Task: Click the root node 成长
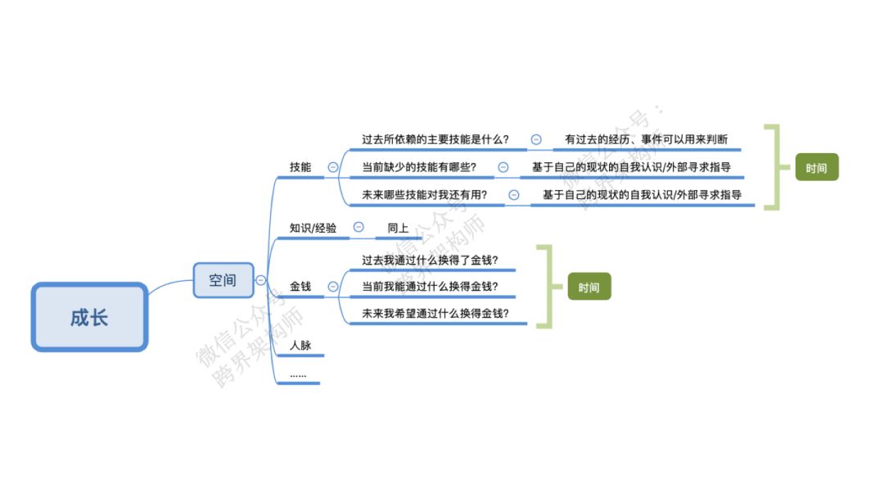tap(89, 317)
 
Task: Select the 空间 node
tap(223, 279)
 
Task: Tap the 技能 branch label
tap(300, 167)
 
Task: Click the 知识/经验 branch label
tap(313, 228)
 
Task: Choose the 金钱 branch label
tap(300, 287)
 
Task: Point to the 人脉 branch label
tap(300, 346)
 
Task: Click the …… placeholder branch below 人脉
tap(298, 375)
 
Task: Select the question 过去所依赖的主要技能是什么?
tap(435, 139)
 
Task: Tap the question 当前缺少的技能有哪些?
tap(419, 167)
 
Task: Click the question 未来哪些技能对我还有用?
tap(425, 195)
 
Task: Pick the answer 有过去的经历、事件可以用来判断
tap(646, 139)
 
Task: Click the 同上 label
tap(398, 228)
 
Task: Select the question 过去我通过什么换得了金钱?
tap(431, 260)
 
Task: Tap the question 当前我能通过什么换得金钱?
tap(431, 287)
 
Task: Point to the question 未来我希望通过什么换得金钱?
tap(435, 314)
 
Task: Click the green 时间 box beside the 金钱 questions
tap(589, 287)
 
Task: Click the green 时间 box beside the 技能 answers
tap(816, 168)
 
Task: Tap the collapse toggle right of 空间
tap(260, 279)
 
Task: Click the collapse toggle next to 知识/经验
tap(359, 227)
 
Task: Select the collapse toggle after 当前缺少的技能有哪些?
tap(503, 167)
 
